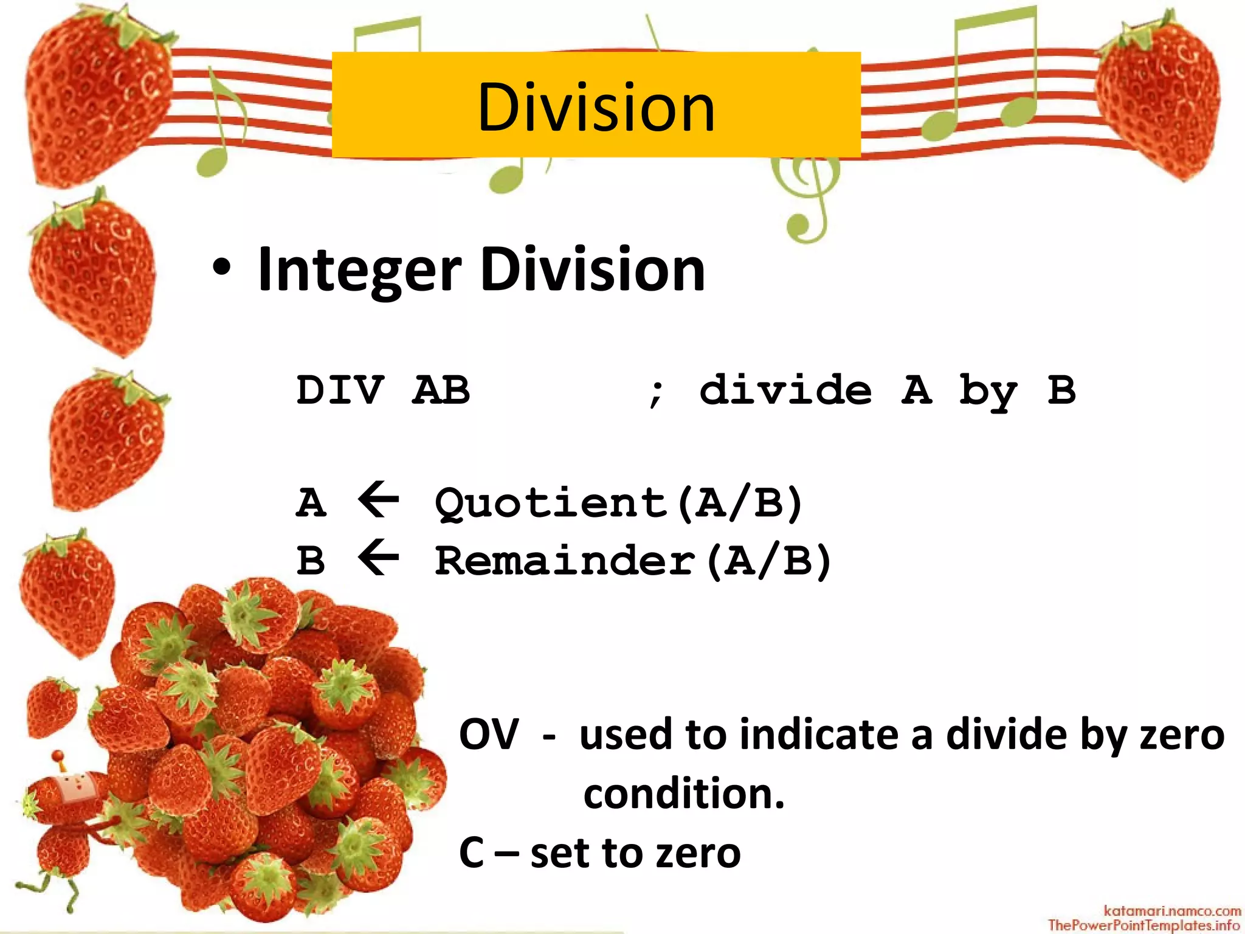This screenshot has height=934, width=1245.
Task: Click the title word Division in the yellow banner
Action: click(596, 108)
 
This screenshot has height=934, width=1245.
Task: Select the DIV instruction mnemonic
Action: click(340, 390)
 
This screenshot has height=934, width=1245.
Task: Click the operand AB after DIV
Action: click(441, 390)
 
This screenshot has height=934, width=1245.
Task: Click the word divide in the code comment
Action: click(785, 390)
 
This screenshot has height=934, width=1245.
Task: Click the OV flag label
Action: click(489, 735)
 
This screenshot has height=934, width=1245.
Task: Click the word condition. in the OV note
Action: click(684, 794)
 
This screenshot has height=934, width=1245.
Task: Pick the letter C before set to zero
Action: click(472, 853)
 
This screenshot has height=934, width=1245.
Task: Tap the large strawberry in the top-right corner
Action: click(1158, 97)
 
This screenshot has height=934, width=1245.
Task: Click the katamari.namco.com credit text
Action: click(1172, 911)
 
